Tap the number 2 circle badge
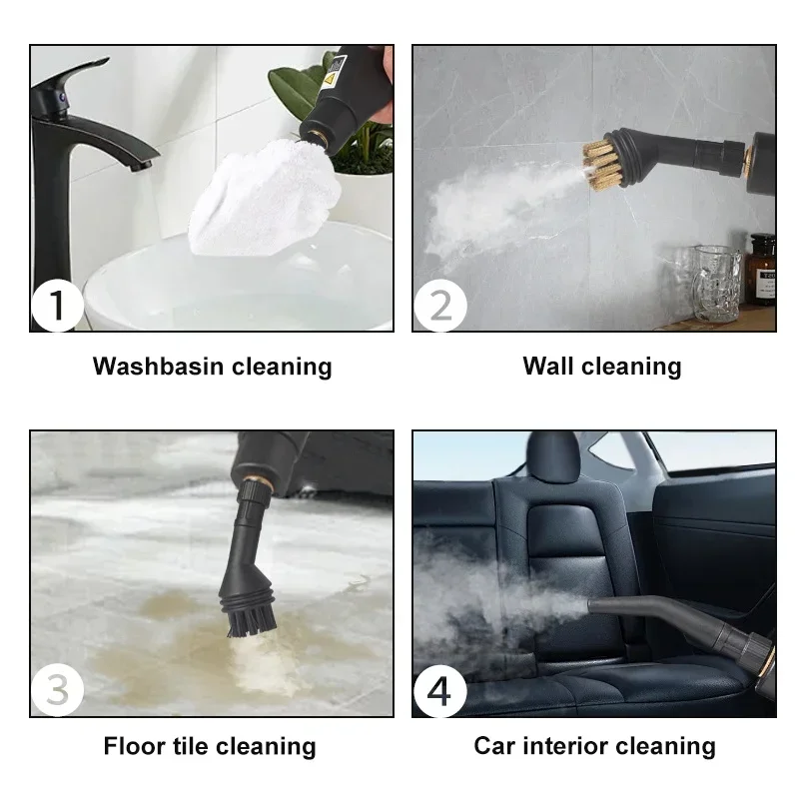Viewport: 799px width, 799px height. tap(439, 305)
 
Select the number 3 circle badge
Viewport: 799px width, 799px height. tap(58, 690)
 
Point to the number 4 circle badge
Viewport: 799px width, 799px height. tap(439, 690)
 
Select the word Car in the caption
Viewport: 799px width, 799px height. tap(494, 746)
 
